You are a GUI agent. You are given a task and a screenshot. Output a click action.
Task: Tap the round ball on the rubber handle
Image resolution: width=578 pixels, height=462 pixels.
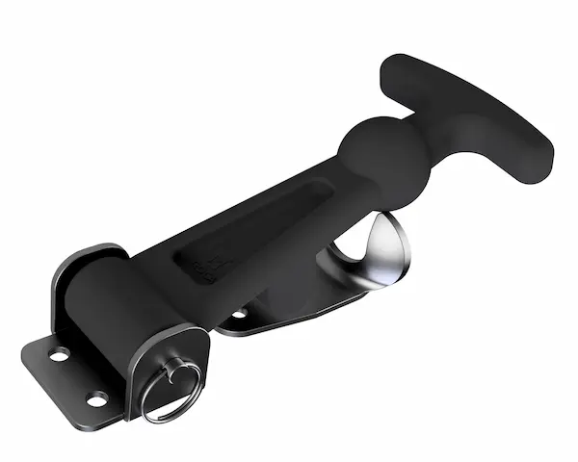tap(371, 151)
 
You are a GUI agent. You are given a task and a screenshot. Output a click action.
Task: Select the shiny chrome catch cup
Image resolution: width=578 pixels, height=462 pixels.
tap(381, 252)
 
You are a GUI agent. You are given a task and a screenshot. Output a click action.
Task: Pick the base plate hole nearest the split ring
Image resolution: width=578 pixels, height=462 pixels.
tap(97, 398)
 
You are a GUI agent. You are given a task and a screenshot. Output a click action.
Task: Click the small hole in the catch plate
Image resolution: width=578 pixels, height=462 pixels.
tap(237, 314)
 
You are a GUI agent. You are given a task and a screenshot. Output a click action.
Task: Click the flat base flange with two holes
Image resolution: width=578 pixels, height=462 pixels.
tap(72, 375)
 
